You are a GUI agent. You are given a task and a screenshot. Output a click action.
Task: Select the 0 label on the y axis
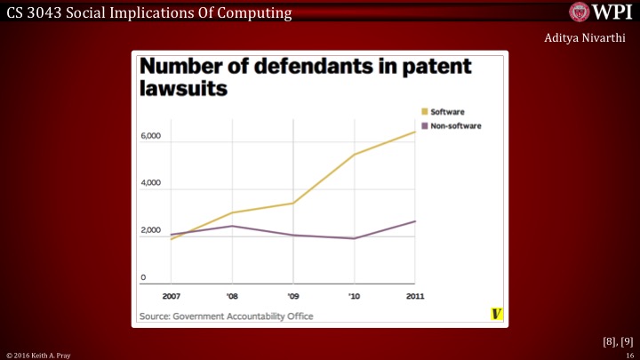point(142,278)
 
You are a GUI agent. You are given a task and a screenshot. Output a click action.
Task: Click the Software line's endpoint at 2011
point(415,132)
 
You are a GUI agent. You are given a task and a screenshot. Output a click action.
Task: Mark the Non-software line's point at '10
point(355,238)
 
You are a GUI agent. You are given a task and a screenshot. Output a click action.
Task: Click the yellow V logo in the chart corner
point(496,314)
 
